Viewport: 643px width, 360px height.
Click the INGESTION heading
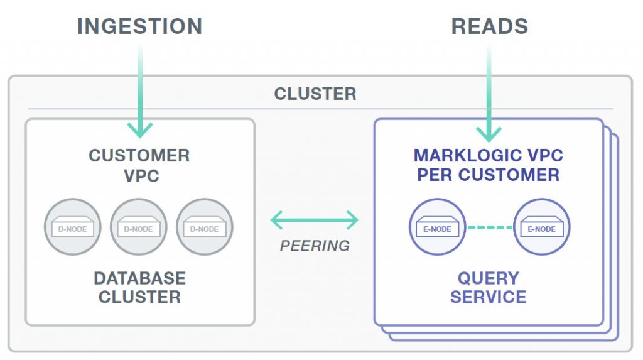pos(140,26)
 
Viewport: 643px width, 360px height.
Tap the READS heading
pos(490,26)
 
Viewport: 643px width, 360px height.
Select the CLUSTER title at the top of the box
pos(315,94)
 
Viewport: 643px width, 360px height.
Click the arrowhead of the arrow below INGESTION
pos(140,129)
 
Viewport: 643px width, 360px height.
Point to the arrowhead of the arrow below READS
pos(489,134)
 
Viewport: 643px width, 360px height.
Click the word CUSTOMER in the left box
pos(139,156)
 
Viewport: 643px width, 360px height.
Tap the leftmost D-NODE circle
pos(73,227)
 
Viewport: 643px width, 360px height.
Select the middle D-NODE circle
pos(139,227)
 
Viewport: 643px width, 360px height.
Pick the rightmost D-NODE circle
pos(205,227)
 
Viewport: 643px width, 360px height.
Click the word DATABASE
pos(140,278)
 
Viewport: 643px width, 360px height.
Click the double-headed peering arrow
pos(315,220)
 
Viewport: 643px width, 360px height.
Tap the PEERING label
pos(315,246)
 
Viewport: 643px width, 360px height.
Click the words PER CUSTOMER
pos(489,175)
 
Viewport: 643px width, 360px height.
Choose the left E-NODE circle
pos(438,227)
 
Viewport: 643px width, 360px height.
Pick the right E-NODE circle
pos(542,227)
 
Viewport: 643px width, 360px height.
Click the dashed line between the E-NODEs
pos(490,227)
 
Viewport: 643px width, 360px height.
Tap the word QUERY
pos(489,278)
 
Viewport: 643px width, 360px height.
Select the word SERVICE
pos(489,297)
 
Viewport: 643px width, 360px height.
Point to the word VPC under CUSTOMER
pos(141,176)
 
